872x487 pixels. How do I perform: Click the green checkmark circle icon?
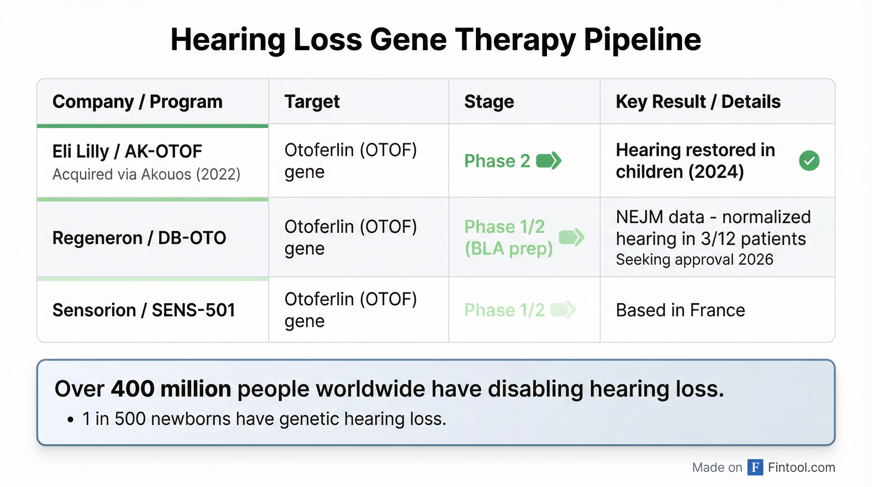pyautogui.click(x=809, y=160)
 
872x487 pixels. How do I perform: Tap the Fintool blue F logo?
pyautogui.click(x=755, y=467)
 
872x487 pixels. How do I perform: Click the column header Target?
pyautogui.click(x=312, y=101)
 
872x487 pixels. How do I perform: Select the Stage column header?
pyautogui.click(x=489, y=101)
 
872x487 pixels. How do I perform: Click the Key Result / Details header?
pyautogui.click(x=698, y=101)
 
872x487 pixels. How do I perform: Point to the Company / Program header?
pyautogui.click(x=138, y=101)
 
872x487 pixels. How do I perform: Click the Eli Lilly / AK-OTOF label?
pyautogui.click(x=127, y=151)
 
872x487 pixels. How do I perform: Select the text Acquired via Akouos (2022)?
pyautogui.click(x=146, y=174)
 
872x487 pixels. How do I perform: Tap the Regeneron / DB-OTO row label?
pyautogui.click(x=139, y=238)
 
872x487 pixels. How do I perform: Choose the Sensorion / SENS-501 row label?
pyautogui.click(x=144, y=310)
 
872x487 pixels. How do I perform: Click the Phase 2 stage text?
pyautogui.click(x=497, y=160)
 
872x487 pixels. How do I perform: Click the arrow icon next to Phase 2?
pyautogui.click(x=549, y=160)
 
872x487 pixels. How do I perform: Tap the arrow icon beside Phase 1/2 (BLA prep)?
pyautogui.click(x=571, y=237)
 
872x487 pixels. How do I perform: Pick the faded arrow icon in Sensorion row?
pyautogui.click(x=563, y=310)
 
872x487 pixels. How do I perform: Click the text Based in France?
pyautogui.click(x=680, y=310)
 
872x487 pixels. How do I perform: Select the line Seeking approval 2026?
pyautogui.click(x=695, y=259)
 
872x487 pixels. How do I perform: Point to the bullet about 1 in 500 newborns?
pyautogui.click(x=264, y=419)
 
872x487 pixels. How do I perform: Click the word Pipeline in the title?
pyautogui.click(x=642, y=40)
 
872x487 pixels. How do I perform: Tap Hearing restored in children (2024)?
pyautogui.click(x=695, y=160)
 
